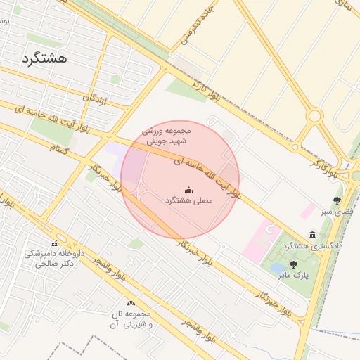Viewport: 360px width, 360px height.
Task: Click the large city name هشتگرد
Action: [44, 58]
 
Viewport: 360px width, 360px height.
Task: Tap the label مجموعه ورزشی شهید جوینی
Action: [167, 136]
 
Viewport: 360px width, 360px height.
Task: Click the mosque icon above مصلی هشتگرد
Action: [188, 189]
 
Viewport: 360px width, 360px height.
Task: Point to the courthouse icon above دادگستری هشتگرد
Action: [312, 235]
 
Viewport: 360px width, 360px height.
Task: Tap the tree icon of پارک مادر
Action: [293, 264]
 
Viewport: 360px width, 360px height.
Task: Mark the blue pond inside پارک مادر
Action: [278, 267]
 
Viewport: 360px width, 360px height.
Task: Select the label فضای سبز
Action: [337, 211]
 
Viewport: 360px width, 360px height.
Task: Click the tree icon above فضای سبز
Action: [337, 200]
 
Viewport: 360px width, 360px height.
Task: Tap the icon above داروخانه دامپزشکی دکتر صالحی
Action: [54, 243]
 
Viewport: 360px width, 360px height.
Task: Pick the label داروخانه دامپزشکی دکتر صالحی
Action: [54, 257]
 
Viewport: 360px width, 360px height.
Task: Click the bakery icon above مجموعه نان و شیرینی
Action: [131, 303]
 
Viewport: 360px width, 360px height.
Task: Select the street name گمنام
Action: [60, 148]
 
